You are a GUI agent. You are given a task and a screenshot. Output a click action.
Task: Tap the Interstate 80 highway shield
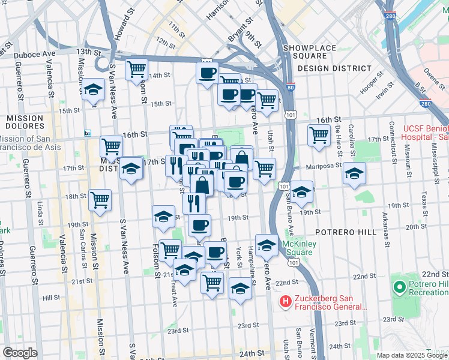(291, 88)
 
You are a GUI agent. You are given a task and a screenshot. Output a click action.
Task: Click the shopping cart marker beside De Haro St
(319, 134)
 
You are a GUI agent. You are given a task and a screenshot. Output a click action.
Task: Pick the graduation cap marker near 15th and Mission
(93, 89)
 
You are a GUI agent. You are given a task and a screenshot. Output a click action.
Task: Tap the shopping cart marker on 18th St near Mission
(100, 200)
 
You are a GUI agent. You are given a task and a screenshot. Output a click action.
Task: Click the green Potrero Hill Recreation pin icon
(399, 287)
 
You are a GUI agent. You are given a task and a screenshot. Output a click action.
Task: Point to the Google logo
(20, 353)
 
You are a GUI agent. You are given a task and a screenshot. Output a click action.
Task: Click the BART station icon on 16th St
(88, 133)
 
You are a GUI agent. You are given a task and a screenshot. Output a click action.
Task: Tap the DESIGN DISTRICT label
(334, 68)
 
